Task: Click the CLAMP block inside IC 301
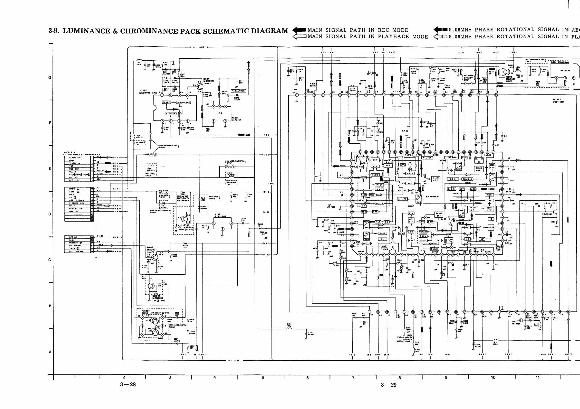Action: (x=166, y=102)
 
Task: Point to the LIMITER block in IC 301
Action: (x=171, y=114)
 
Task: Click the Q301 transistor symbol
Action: (x=200, y=86)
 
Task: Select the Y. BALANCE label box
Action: (x=239, y=91)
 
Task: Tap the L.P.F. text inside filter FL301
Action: (x=220, y=113)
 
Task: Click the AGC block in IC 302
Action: (x=388, y=166)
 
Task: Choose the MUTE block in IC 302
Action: (x=409, y=173)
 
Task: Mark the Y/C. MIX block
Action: (x=403, y=190)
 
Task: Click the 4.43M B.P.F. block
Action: (x=435, y=179)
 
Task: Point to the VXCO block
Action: (x=491, y=227)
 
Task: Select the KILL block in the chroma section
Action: (x=467, y=233)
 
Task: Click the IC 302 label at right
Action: (x=558, y=101)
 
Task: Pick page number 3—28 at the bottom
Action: (x=128, y=384)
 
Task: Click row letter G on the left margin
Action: (x=50, y=77)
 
